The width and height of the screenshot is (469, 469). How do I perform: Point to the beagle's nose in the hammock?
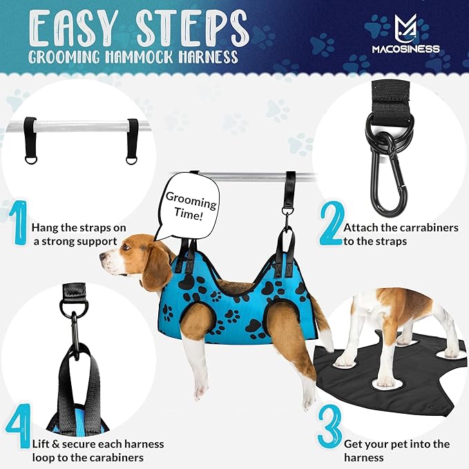click(x=102, y=256)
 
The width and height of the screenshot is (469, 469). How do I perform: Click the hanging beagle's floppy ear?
click(x=155, y=266)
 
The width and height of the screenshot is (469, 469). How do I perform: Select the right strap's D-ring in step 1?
click(x=131, y=160)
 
